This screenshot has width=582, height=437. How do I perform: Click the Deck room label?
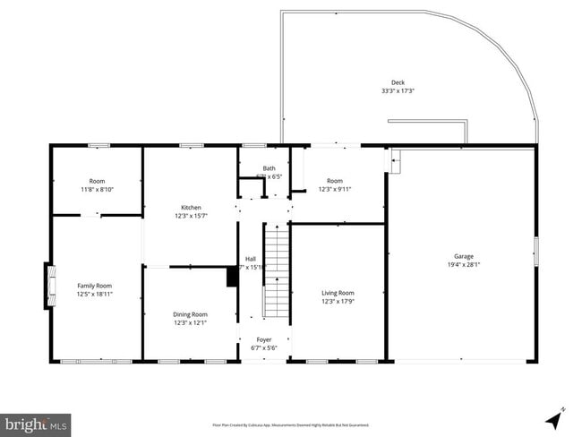[x=398, y=82]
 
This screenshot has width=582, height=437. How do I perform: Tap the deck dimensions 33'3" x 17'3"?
[x=398, y=90]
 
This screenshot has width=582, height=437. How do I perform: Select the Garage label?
[x=463, y=256]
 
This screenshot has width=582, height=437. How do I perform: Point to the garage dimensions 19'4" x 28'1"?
[x=463, y=264]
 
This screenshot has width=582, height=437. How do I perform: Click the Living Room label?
[x=338, y=293]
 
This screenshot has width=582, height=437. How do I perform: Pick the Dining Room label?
[x=190, y=314]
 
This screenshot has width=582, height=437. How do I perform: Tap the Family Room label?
[x=94, y=286]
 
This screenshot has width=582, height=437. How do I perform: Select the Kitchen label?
[x=191, y=208]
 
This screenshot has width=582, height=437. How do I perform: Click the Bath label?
[x=269, y=168]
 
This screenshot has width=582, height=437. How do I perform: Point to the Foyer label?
[x=264, y=339]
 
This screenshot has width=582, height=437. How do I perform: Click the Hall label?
[x=251, y=259]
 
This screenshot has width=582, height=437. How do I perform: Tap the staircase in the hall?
[x=277, y=273]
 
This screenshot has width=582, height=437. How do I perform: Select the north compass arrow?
[x=554, y=416]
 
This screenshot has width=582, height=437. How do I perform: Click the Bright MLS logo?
[x=36, y=422]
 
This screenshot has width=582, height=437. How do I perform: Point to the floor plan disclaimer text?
[x=290, y=424]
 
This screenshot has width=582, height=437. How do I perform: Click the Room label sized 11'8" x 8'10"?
[x=97, y=181]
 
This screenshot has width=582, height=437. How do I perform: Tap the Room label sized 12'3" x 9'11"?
[x=335, y=181]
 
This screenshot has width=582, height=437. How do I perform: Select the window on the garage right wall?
[x=535, y=247]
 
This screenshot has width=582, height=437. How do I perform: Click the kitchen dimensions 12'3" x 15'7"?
[x=191, y=216]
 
